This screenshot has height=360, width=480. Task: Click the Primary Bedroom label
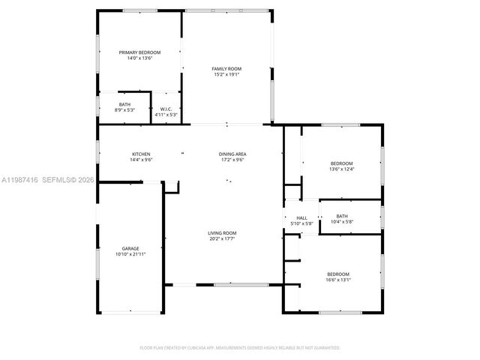coord(139,52)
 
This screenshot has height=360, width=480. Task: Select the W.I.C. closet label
coord(166,109)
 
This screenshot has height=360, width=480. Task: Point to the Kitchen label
coord(141,154)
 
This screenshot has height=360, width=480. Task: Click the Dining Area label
coord(233,154)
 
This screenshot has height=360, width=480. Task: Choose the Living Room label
coord(222,232)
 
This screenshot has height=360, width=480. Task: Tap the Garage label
coord(130,248)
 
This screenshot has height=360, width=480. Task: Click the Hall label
coord(301,217)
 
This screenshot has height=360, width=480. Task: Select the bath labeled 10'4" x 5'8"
coord(342,222)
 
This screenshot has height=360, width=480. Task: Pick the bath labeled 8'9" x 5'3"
coord(124,110)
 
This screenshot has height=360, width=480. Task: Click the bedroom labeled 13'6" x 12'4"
coord(341,168)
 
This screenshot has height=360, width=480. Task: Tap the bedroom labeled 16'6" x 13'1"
coord(337,279)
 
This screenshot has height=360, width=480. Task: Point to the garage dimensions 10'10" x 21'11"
coord(130,254)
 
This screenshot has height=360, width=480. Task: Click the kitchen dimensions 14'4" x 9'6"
coord(141,160)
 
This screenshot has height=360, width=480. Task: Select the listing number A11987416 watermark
coord(19,180)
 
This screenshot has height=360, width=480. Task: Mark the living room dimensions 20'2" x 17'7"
coord(222,238)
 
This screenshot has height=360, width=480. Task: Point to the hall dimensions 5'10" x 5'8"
coord(301,223)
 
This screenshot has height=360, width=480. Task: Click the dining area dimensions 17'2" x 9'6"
coord(233,160)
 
